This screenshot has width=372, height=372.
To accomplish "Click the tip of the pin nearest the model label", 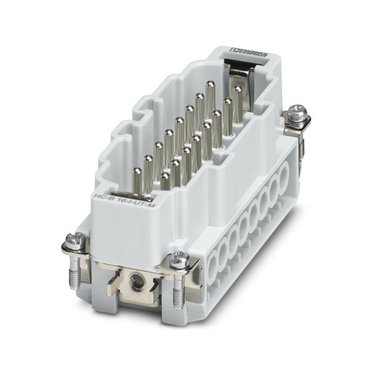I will (137, 171).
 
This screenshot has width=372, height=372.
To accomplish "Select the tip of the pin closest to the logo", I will (238, 89).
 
